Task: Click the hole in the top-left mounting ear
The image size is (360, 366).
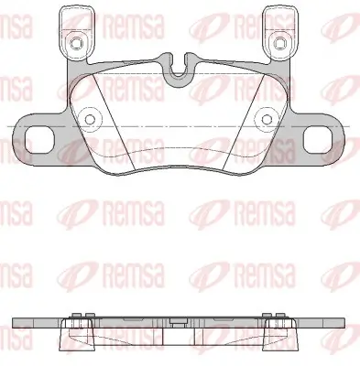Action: (x=76, y=43)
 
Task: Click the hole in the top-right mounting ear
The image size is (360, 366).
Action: (x=278, y=43)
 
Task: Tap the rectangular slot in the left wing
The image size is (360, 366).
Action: (x=39, y=140)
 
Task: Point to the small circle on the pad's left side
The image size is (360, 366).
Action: (x=90, y=119)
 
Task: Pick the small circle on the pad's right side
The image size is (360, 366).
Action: (x=267, y=119)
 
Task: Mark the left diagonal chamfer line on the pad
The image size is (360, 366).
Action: (x=115, y=124)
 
